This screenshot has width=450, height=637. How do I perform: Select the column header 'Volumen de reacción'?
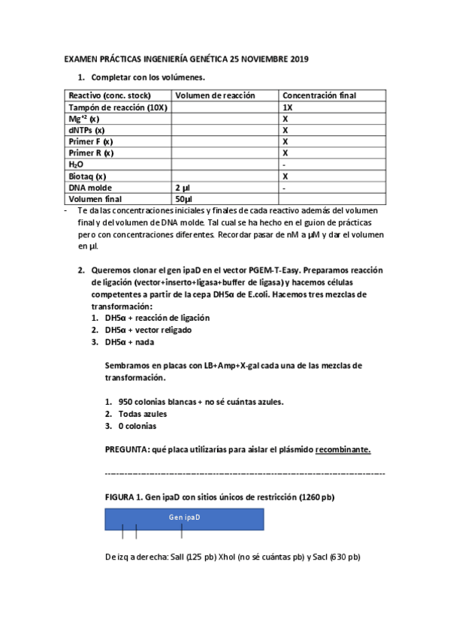click(x=215, y=95)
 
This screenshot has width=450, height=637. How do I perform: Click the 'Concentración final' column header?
click(x=319, y=95)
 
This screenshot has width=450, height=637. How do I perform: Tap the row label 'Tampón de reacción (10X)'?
click(x=118, y=107)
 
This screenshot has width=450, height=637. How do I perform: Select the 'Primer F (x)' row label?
click(x=91, y=141)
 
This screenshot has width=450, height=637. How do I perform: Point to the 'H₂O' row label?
click(x=76, y=164)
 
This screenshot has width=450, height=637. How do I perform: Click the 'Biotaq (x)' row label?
click(x=87, y=175)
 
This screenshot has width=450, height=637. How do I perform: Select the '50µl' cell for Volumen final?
click(x=184, y=198)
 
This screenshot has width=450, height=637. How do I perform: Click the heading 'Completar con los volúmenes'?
click(x=147, y=77)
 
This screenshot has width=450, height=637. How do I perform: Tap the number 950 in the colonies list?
click(x=125, y=402)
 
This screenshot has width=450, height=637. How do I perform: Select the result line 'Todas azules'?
click(x=142, y=414)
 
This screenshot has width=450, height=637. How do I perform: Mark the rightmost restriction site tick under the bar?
click(x=182, y=533)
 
